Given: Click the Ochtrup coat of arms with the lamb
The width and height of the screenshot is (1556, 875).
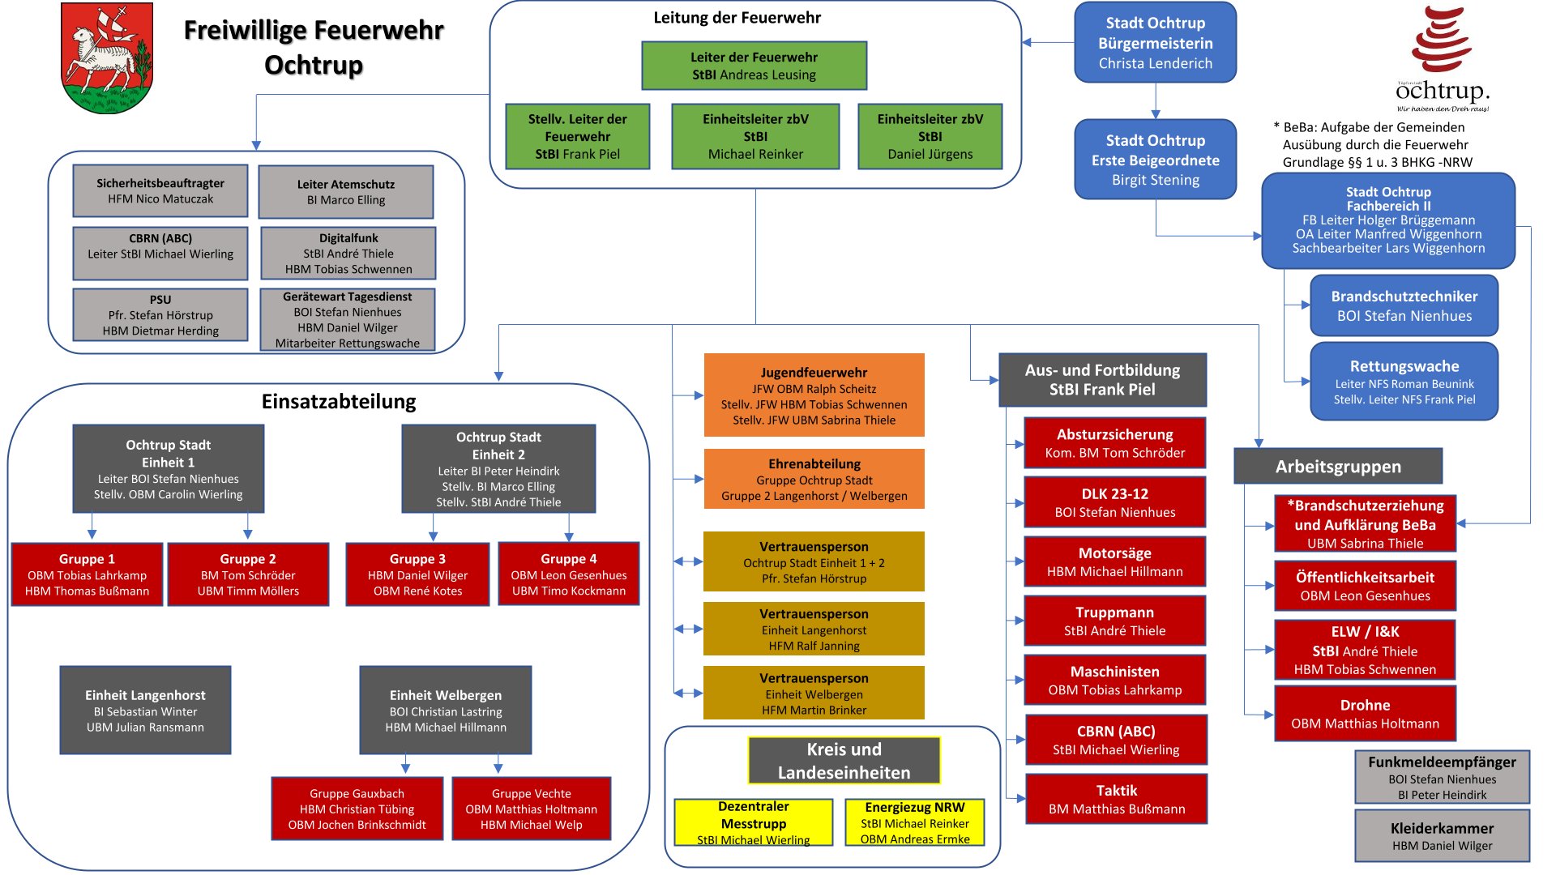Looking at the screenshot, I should (x=107, y=58).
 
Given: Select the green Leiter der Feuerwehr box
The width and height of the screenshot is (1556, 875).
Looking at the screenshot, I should (x=754, y=66).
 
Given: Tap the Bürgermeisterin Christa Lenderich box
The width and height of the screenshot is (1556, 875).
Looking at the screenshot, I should (x=1155, y=43).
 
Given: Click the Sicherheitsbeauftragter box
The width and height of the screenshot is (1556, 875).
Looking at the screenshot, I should (x=160, y=191).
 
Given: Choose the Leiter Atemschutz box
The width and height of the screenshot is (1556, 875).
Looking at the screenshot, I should (x=346, y=192).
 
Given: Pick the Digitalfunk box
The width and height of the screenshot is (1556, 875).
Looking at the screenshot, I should (x=348, y=254).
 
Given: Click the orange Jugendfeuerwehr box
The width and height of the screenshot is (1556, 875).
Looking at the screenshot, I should (x=814, y=395).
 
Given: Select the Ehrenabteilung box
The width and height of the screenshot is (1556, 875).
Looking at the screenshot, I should (x=814, y=479).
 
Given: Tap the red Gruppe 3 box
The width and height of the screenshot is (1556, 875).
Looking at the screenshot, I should (x=417, y=574).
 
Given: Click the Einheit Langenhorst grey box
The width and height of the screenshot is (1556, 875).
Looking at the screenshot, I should (x=146, y=711).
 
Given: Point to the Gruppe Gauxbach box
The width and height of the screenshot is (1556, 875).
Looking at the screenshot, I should (x=357, y=809).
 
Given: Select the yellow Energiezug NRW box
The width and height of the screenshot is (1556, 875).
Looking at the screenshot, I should (x=914, y=822).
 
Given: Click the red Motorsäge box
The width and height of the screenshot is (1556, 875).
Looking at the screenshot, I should (x=1114, y=562).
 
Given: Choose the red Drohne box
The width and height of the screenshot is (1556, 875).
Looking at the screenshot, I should (x=1365, y=714).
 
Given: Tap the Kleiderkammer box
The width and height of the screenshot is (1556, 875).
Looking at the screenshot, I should (x=1442, y=836).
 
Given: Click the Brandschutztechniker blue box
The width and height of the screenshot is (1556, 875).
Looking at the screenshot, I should (x=1404, y=305).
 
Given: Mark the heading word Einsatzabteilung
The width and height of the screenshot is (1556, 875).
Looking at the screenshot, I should (x=339, y=402).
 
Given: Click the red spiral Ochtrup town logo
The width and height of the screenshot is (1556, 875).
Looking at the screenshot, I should (x=1442, y=41).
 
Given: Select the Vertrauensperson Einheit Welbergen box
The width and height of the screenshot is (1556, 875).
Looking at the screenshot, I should (x=814, y=693).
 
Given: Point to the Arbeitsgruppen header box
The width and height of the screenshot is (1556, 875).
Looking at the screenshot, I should (x=1338, y=467).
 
